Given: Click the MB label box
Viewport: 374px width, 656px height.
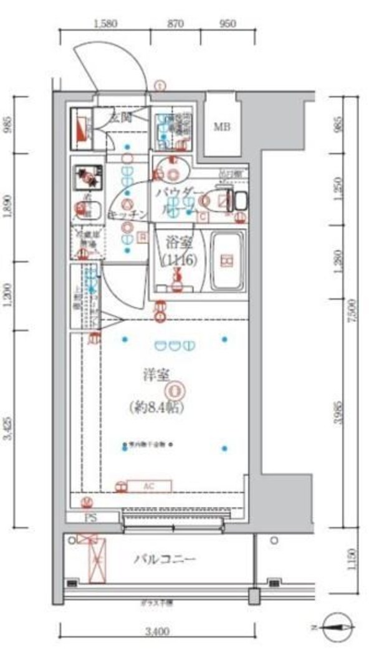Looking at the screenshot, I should click(222, 128).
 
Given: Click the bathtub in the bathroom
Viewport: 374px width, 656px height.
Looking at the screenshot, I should click(228, 261).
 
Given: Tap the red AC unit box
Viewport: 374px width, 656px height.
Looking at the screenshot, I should click(149, 486).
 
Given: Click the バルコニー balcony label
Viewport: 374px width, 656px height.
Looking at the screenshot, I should click(165, 559).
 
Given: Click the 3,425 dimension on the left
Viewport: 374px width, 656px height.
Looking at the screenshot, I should click(7, 429).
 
